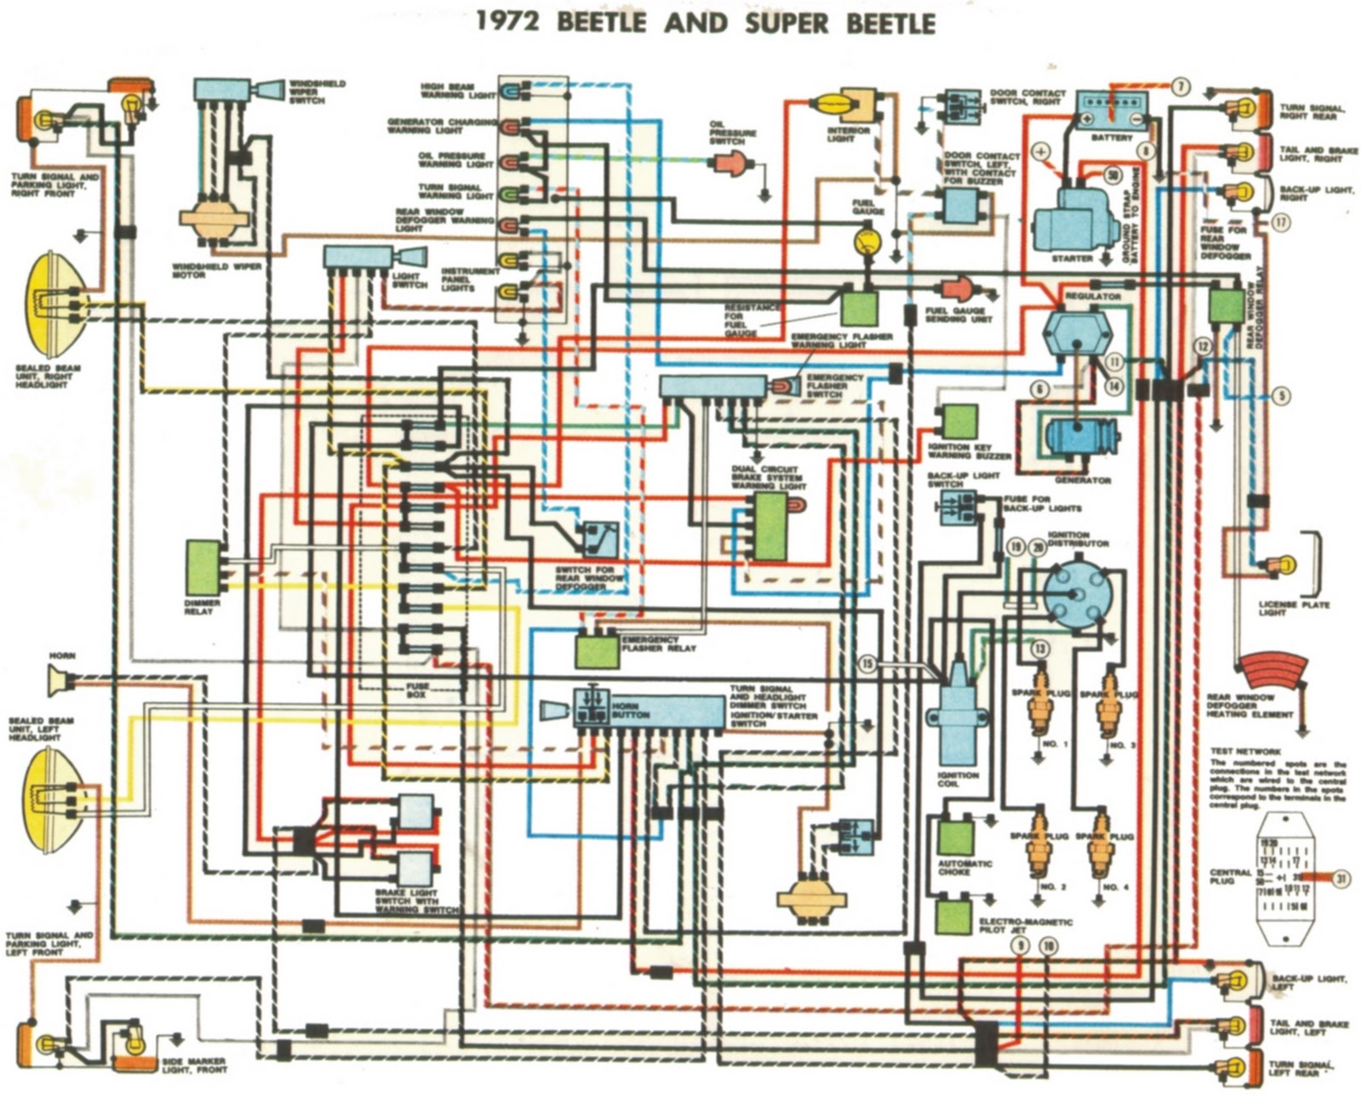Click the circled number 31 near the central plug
[x=1342, y=879]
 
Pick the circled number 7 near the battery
[x=1180, y=87]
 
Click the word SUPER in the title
[x=788, y=23]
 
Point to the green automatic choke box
[x=956, y=837]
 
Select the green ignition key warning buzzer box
[x=959, y=422]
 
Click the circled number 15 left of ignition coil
[x=867, y=664]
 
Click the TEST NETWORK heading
[x=1245, y=751]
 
